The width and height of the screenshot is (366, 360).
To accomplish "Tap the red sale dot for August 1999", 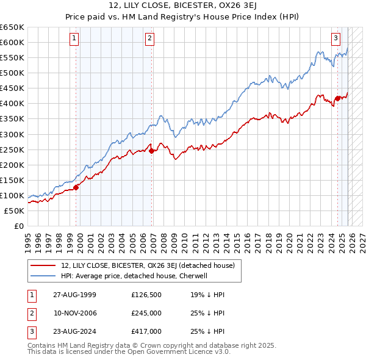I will tap(76, 187).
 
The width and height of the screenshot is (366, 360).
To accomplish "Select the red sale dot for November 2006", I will tap(152, 151).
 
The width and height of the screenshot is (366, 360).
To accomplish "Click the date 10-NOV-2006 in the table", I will tap(75, 313).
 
